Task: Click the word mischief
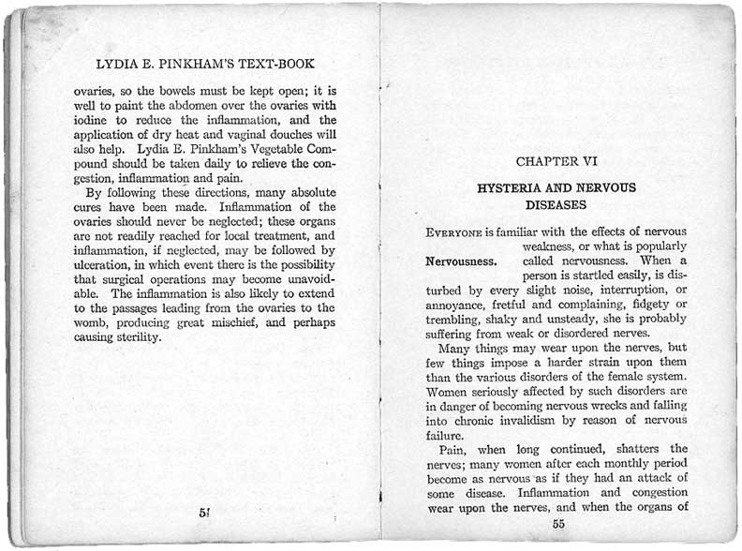point(235,322)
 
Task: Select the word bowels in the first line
point(162,93)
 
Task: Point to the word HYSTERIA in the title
point(512,187)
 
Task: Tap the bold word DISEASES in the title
point(556,203)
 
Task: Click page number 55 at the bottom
point(558,524)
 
